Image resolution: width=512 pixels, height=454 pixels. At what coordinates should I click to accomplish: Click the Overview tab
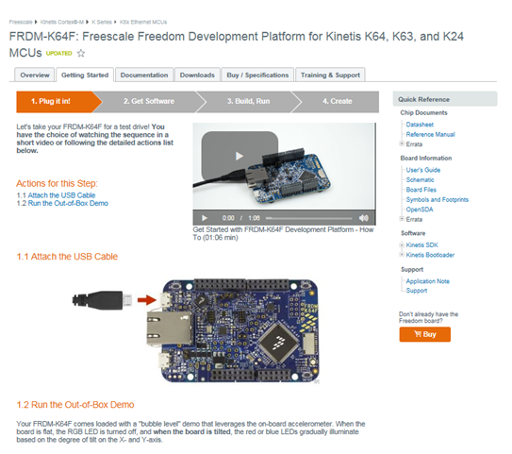click(35, 75)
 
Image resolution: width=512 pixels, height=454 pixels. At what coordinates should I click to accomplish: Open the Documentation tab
click(144, 75)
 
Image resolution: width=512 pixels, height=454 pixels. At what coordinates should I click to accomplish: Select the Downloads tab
click(197, 75)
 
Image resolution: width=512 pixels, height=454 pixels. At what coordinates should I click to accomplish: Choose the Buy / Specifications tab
click(256, 75)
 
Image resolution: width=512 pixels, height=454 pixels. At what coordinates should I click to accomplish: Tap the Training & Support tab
click(329, 75)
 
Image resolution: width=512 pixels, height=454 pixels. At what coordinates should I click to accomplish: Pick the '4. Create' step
click(337, 100)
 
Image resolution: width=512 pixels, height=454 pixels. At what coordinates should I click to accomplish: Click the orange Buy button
click(424, 333)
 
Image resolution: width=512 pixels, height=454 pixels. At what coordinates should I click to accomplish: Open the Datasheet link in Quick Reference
click(421, 125)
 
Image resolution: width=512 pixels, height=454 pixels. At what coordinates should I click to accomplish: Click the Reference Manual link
click(430, 134)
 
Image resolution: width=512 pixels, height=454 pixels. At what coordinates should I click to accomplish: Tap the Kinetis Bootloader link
click(430, 255)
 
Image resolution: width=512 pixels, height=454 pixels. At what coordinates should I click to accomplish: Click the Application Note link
click(427, 281)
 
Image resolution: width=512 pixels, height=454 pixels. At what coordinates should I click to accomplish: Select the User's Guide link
click(423, 169)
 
